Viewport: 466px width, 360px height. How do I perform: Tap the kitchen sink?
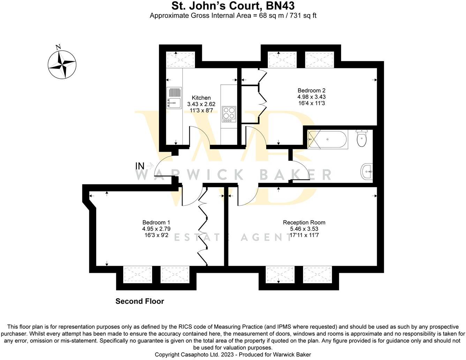[x=174, y=98]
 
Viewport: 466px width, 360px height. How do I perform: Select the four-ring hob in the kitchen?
[x=229, y=114]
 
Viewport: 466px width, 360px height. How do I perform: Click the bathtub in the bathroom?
[x=327, y=140]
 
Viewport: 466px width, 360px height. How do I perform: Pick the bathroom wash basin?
[x=366, y=171]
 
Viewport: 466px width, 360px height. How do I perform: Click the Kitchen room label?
[x=201, y=98]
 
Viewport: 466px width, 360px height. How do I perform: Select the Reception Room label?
[x=304, y=222]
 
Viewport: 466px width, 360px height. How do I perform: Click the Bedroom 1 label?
[x=156, y=222]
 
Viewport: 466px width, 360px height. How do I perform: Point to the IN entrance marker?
[x=140, y=165]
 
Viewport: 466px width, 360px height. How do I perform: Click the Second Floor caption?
[x=140, y=301]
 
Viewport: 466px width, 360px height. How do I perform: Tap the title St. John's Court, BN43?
[x=233, y=6]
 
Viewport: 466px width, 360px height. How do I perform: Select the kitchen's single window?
[x=180, y=59]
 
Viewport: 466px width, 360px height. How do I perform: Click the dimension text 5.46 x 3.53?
[x=304, y=229]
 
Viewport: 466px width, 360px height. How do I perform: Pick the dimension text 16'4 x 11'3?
[x=311, y=103]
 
